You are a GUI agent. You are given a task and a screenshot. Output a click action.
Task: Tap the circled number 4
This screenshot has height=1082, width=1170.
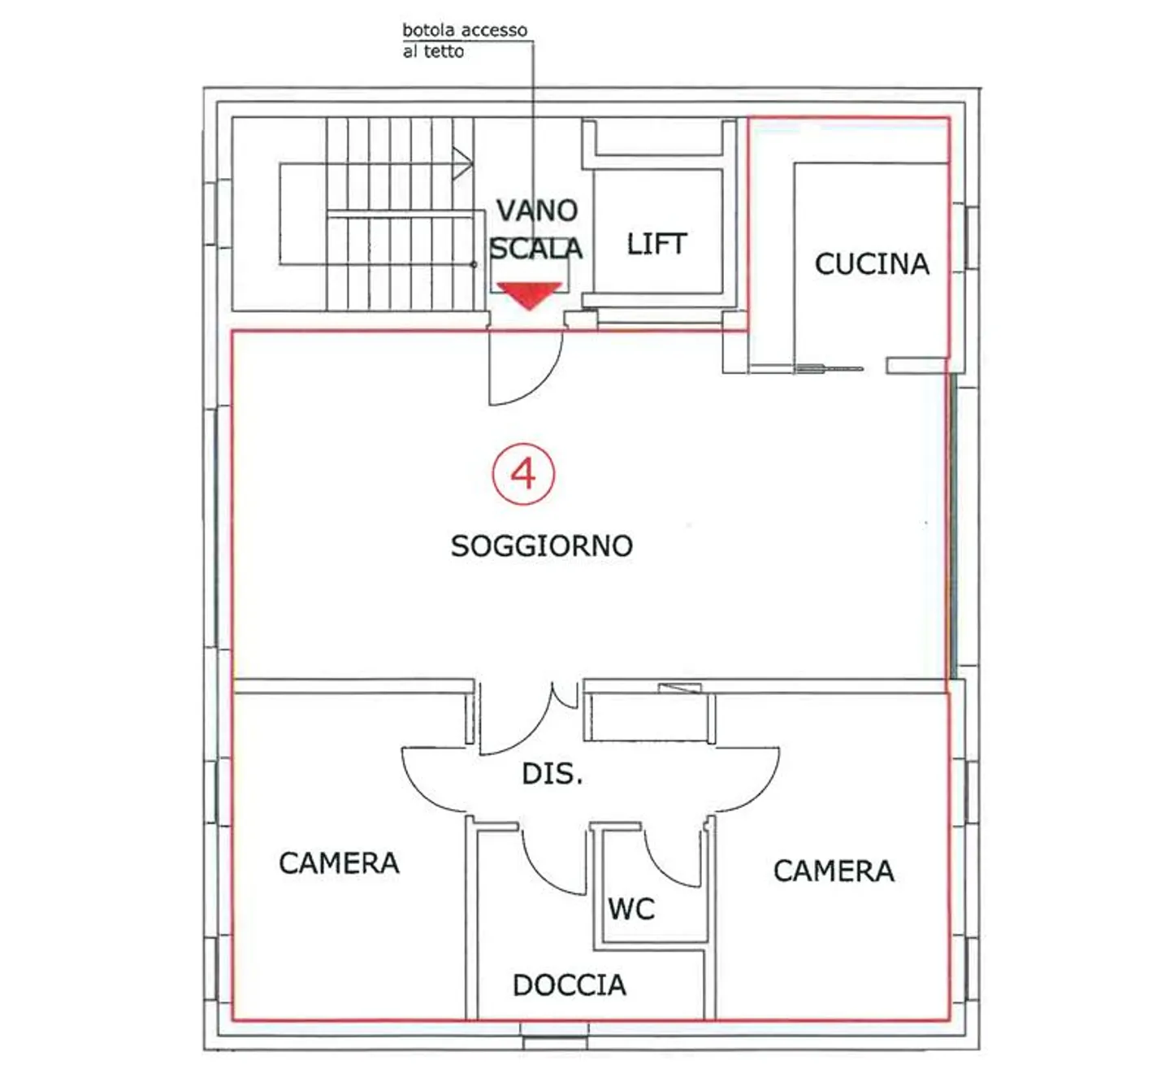pyautogui.click(x=523, y=474)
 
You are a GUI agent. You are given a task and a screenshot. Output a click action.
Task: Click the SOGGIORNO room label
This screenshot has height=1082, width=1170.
pyautogui.click(x=541, y=546)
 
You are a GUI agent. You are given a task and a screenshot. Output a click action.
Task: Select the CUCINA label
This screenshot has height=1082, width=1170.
pyautogui.click(x=872, y=264)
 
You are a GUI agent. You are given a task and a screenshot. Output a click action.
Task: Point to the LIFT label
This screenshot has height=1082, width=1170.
pyautogui.click(x=656, y=244)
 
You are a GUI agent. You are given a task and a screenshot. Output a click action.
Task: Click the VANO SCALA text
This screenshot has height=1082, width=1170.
pyautogui.click(x=536, y=229)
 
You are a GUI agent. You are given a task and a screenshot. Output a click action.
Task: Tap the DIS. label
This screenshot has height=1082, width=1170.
pyautogui.click(x=552, y=774)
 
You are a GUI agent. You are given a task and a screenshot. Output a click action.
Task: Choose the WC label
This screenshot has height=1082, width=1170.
pyautogui.click(x=631, y=909)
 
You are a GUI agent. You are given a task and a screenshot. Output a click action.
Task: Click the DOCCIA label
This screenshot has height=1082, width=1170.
pyautogui.click(x=569, y=985)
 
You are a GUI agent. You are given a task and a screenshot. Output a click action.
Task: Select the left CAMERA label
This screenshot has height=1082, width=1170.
pyautogui.click(x=339, y=863)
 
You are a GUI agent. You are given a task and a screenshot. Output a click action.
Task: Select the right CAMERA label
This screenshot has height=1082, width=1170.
pyautogui.click(x=834, y=871)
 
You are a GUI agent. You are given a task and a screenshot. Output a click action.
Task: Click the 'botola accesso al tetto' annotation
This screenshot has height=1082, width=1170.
pyautogui.click(x=465, y=41)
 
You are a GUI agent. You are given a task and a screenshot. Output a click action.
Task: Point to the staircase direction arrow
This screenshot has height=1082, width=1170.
pyautogui.click(x=461, y=163)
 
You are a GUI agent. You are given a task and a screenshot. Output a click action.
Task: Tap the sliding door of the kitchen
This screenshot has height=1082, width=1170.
pyautogui.click(x=830, y=368)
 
